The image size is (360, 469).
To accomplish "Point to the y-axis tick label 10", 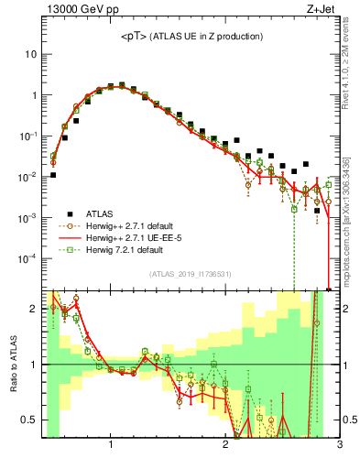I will pyautogui.click(x=31, y=54).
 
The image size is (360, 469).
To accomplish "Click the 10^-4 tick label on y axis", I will pyautogui.click(x=27, y=259).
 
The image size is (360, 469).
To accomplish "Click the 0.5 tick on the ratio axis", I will pyautogui.click(x=29, y=420).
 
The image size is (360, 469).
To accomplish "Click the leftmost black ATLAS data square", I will pyautogui.click(x=53, y=175).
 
